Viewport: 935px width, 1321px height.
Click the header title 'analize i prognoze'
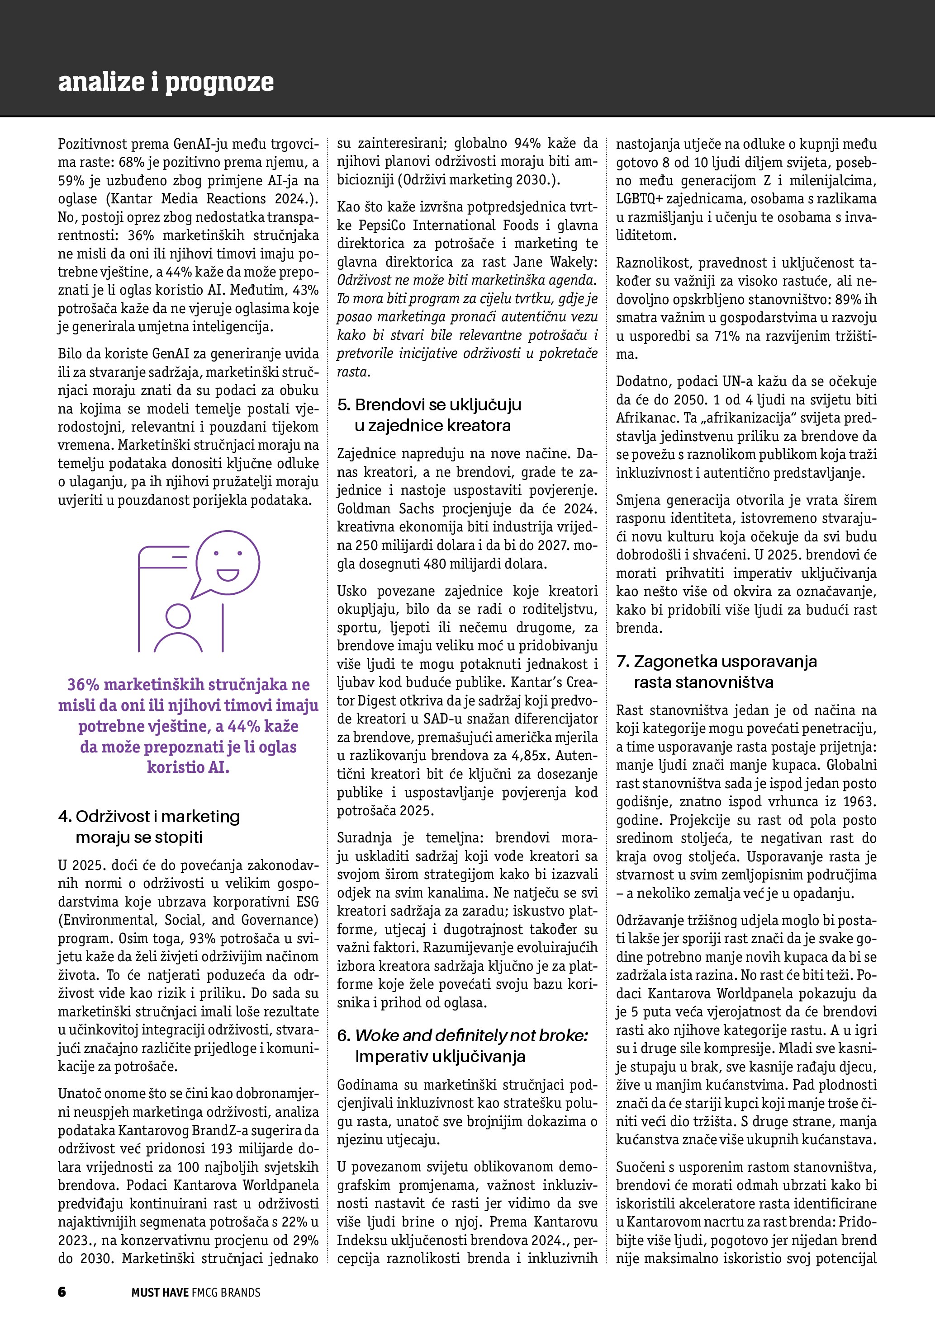tap(166, 82)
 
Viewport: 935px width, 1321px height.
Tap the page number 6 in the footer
tap(62, 1292)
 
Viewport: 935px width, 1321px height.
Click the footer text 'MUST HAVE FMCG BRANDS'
tap(196, 1292)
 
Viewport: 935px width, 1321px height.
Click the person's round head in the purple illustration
tap(178, 616)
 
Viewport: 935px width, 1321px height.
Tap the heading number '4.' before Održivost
tap(65, 817)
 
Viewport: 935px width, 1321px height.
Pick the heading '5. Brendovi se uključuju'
tap(429, 404)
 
